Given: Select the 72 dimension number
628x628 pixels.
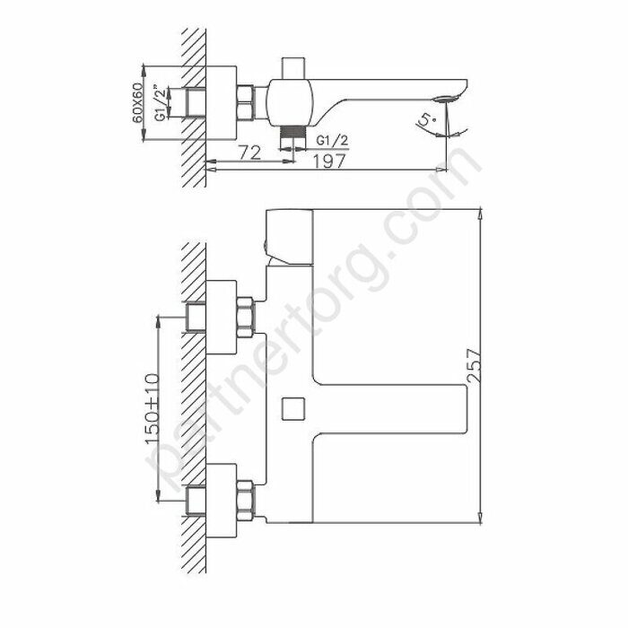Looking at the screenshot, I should coord(250,154).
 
